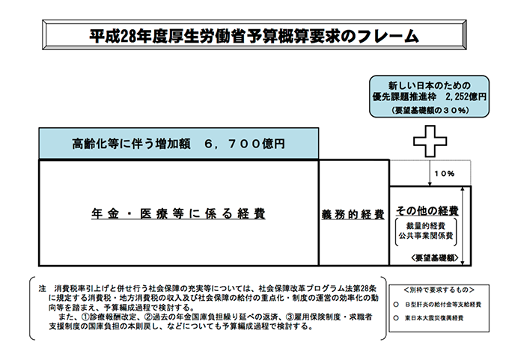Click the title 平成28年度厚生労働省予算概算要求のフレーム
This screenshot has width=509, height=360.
pyautogui.click(x=254, y=35)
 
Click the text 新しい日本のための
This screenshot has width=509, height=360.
pyautogui.click(x=429, y=83)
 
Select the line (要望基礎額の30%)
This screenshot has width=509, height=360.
pyautogui.click(x=429, y=110)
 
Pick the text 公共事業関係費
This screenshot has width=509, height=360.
pyautogui.click(x=427, y=237)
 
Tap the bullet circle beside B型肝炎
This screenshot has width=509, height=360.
pyautogui.click(x=396, y=305)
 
